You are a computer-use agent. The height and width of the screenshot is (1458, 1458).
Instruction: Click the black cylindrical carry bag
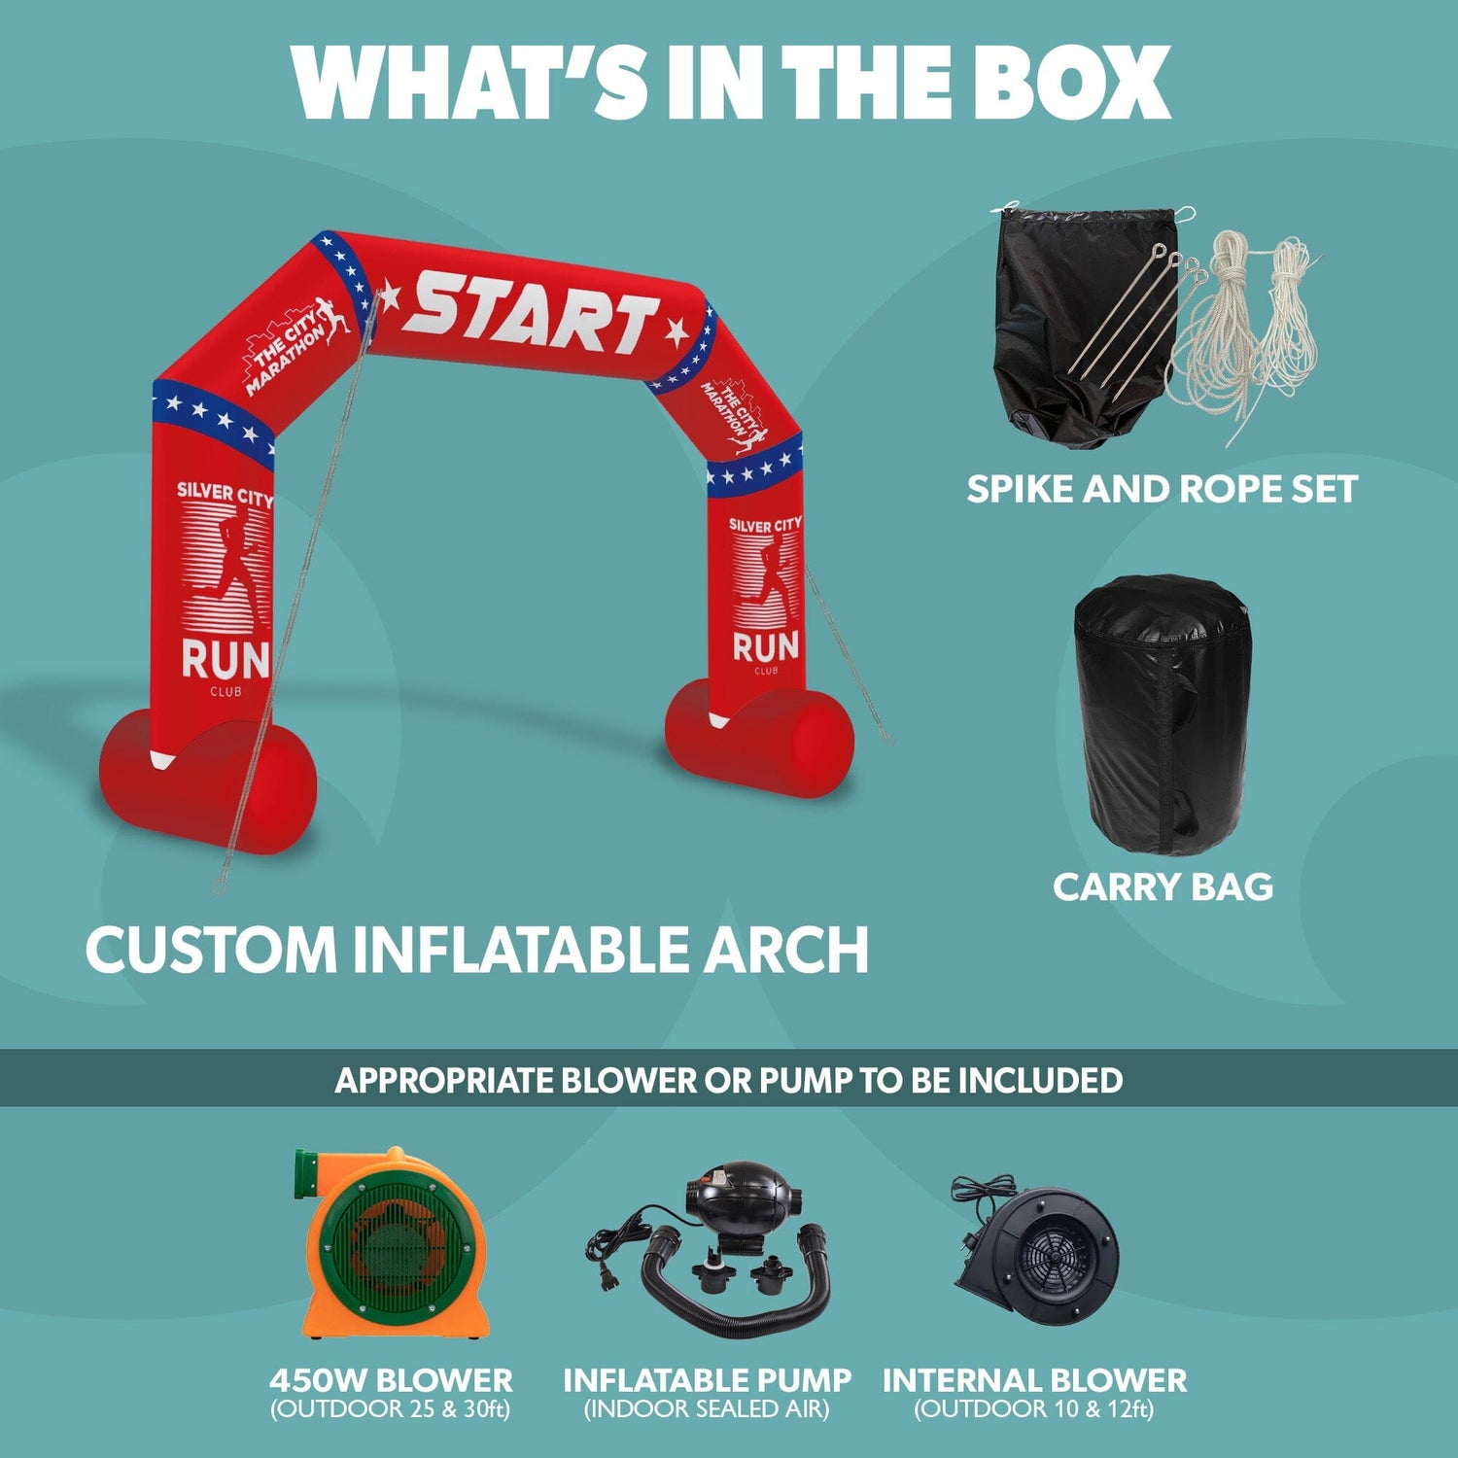[1162, 714]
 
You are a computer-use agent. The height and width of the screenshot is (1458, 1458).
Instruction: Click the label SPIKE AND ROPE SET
[1162, 489]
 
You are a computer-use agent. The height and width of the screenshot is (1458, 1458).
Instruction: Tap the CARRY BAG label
[1163, 886]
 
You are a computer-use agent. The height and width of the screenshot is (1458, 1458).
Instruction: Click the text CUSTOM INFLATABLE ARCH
[477, 950]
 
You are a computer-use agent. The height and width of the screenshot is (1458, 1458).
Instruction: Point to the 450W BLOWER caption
[391, 1380]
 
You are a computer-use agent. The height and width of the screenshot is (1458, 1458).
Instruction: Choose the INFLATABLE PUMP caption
[707, 1380]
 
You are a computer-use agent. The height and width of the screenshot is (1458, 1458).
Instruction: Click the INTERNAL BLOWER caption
[1034, 1380]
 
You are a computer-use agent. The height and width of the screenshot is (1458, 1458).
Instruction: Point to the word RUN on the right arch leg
[765, 646]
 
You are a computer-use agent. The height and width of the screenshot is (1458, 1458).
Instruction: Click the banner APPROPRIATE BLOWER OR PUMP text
[729, 1080]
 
